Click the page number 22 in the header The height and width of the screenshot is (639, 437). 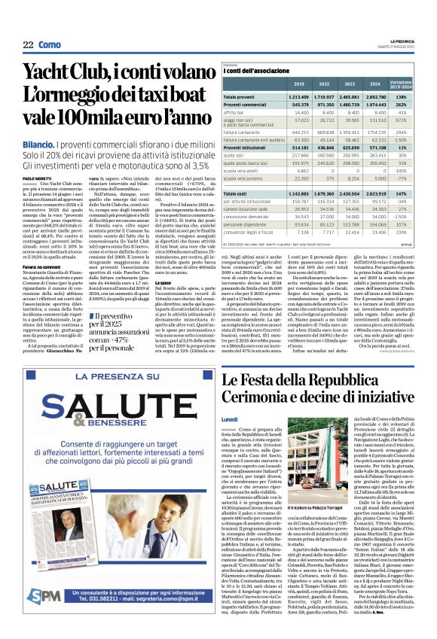pos(27,45)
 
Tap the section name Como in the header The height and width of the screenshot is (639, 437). pos(49,45)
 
